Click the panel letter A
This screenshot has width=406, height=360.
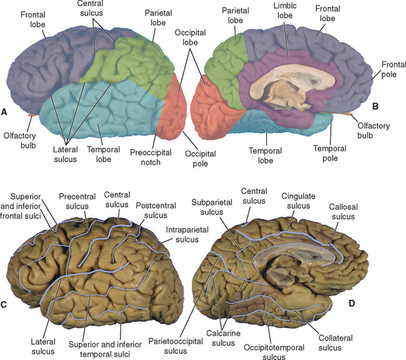4,112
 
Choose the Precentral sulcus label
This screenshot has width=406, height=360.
77,201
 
